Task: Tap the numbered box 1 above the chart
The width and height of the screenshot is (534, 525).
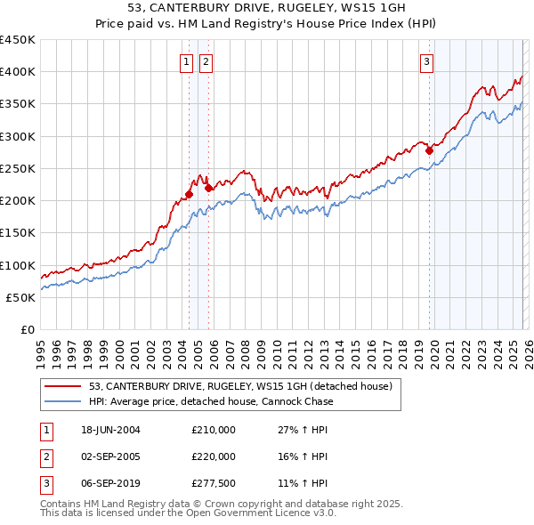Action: (186, 61)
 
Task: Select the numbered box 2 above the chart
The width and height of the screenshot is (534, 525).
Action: (206, 61)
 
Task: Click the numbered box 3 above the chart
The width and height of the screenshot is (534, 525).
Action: (427, 61)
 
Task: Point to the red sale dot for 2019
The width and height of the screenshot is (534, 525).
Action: (429, 150)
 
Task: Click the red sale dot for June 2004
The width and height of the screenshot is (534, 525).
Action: (190, 194)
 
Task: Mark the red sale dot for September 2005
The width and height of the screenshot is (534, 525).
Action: (208, 188)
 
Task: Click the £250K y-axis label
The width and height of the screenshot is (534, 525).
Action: (18, 168)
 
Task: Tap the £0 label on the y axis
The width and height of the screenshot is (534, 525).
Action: (28, 329)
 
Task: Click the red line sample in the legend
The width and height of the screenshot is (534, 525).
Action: (63, 386)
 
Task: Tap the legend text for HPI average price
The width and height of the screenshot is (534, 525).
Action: (211, 401)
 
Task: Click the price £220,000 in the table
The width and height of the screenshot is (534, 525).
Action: (214, 456)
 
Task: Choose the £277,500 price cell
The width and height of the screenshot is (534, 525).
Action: (214, 483)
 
